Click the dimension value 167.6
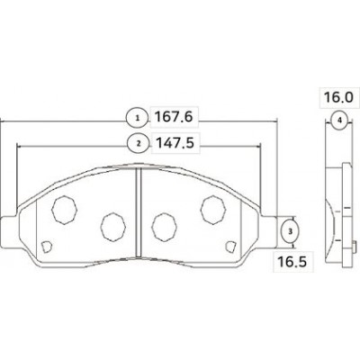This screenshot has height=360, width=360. (174, 117)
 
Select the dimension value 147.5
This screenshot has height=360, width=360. (174, 143)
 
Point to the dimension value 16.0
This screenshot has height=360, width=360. (338, 97)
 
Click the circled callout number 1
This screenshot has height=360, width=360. (138, 118)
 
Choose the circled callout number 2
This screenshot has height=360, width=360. (139, 143)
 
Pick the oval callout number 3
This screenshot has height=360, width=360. (290, 231)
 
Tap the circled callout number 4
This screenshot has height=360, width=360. (339, 121)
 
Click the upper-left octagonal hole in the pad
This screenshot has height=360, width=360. (64, 210)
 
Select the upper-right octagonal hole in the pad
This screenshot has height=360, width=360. (213, 210)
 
